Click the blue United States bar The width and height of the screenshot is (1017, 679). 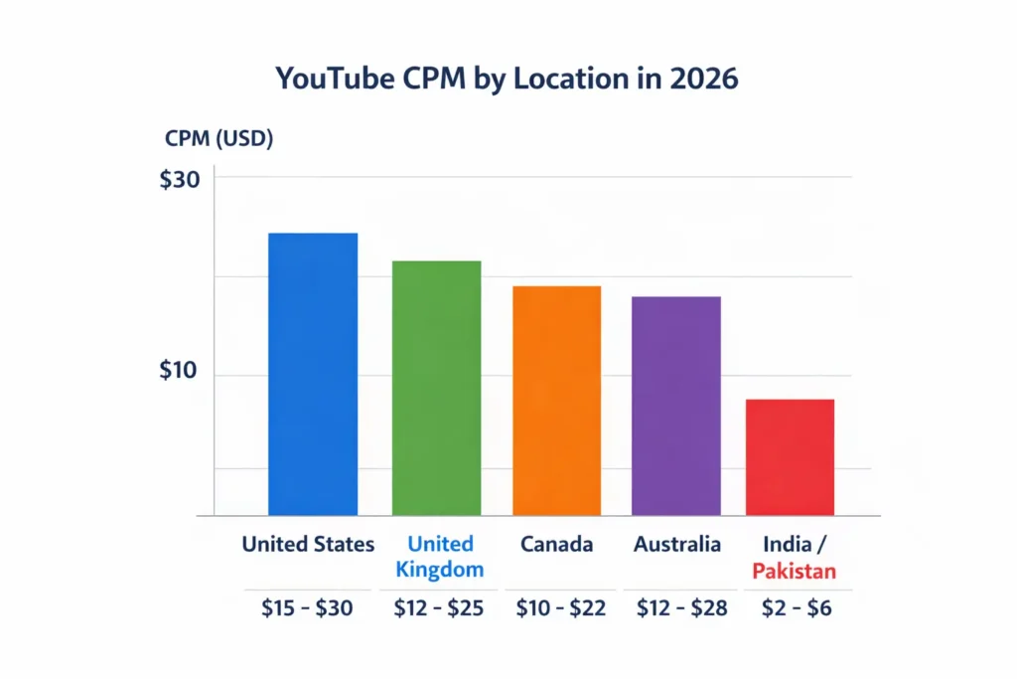point(313,374)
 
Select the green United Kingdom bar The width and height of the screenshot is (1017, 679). point(436,388)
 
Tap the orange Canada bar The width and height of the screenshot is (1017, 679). point(556,401)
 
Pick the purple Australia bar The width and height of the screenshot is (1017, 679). point(676,406)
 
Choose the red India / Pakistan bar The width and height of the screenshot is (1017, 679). point(790,457)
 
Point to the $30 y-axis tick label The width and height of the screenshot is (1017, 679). point(180,179)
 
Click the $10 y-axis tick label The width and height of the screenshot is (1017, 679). point(180,372)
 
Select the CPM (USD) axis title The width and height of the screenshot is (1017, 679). point(218,139)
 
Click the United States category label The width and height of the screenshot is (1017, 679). point(309,545)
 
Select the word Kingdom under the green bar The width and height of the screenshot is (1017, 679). point(439,570)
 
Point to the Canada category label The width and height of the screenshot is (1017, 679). point(556,545)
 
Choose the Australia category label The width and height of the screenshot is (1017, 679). point(676,545)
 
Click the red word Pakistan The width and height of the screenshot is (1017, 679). point(794,572)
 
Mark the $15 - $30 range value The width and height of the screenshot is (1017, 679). point(307,608)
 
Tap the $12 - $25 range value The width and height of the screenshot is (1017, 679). point(438,608)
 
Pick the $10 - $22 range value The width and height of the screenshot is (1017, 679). point(560,608)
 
